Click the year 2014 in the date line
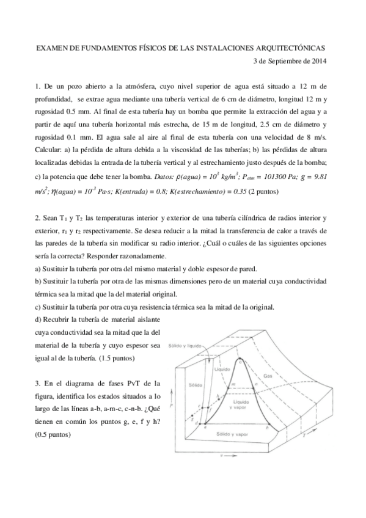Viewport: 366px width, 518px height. click(318, 60)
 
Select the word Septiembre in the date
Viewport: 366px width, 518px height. click(284, 60)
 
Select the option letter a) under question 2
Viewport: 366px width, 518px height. click(37, 269)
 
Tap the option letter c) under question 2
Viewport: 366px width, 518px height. click(37, 307)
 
